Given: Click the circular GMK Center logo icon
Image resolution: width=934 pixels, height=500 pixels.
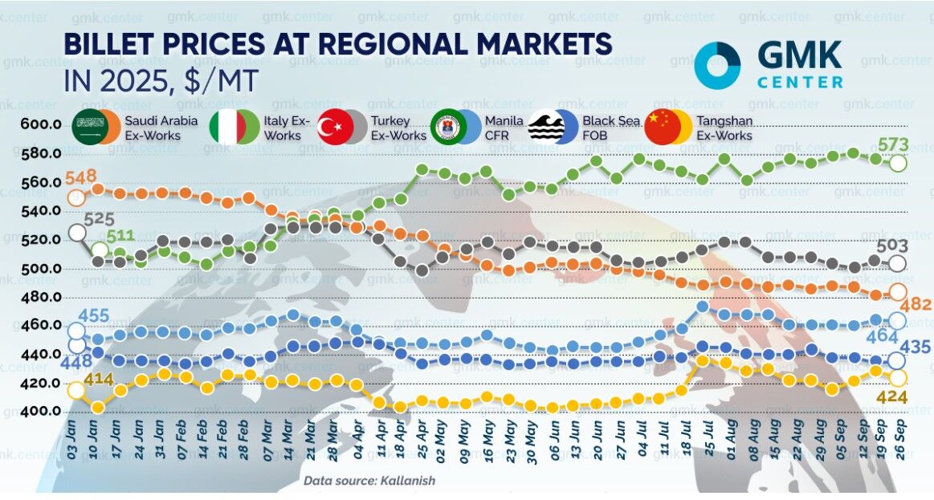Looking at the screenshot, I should point(718,65).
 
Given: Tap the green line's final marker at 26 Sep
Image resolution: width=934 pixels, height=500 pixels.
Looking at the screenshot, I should point(899,163).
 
